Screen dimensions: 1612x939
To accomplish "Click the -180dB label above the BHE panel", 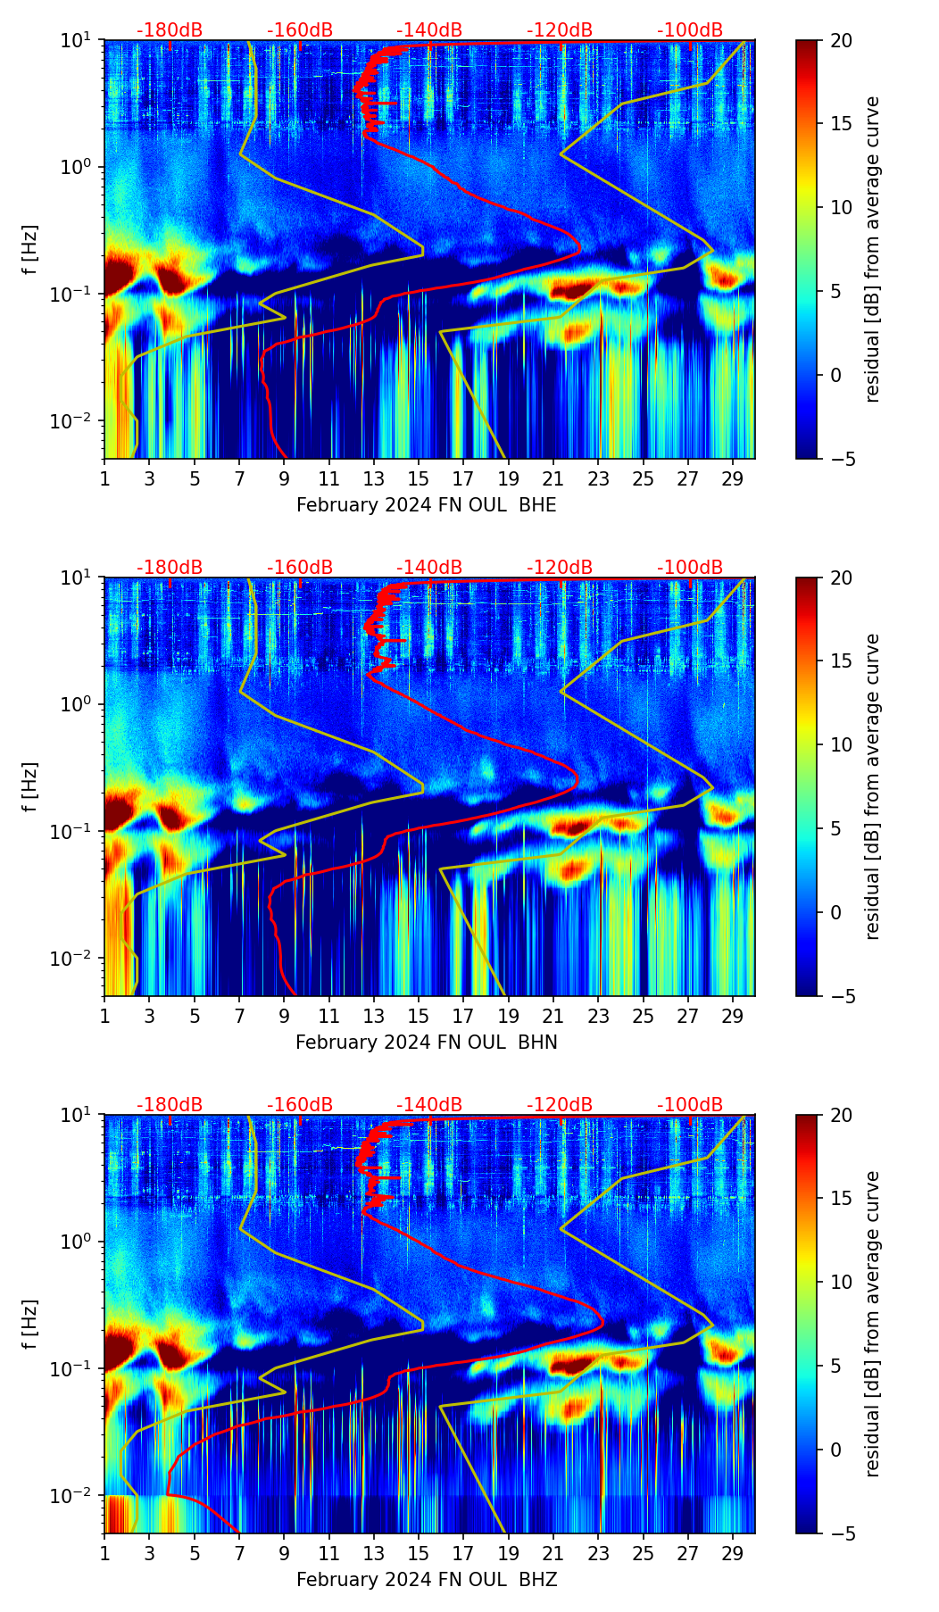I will tap(170, 30).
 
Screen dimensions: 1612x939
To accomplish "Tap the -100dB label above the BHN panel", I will tap(690, 568).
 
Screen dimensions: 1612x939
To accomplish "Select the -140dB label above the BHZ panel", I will tap(429, 1105).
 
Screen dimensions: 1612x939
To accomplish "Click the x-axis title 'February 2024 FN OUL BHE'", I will tap(426, 505).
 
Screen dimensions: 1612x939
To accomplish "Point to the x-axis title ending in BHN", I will tap(426, 1043).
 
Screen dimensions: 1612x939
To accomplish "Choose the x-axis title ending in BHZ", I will tap(426, 1580).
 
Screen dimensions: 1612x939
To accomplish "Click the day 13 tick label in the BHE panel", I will tap(374, 478).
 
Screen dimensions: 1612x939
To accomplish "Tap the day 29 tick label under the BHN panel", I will tap(733, 1016).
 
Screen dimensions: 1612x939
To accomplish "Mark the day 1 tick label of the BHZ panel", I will tap(105, 1553).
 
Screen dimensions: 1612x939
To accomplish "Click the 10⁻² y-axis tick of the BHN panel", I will tap(78, 959).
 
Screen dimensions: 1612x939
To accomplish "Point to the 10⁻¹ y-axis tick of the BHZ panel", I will tap(78, 1369).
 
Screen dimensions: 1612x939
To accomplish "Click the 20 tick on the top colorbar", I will tap(840, 41).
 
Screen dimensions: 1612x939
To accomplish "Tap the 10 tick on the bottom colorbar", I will tap(840, 1282).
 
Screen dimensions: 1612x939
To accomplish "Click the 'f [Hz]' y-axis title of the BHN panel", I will tap(30, 786).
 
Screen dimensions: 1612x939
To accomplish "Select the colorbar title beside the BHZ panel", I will tap(872, 1324).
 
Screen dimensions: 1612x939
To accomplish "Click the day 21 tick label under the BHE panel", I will tap(553, 478).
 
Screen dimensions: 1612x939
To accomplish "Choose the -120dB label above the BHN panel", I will tap(560, 568).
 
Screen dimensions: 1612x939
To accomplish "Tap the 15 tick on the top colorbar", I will tap(840, 124).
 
